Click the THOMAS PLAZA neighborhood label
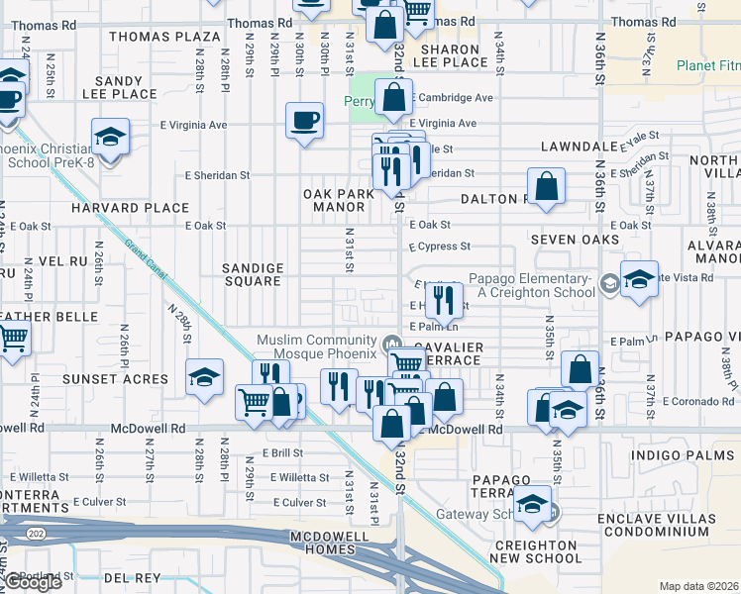[164, 37]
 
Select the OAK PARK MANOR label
[340, 201]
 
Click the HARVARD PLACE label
[130, 208]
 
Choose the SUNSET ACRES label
[115, 378]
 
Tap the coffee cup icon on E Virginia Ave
[304, 121]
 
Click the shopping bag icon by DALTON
[546, 185]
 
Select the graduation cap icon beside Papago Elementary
[639, 278]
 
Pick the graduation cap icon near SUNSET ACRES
[205, 376]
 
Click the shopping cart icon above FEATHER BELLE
[12, 339]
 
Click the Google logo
[34, 582]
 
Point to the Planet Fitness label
[707, 66]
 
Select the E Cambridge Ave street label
[453, 98]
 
